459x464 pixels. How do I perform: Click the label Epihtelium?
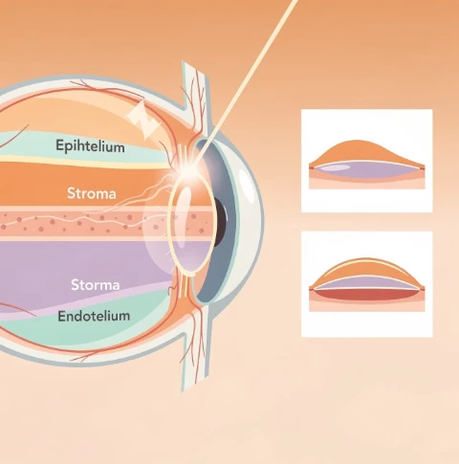(90, 146)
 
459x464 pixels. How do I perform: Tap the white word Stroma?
(92, 193)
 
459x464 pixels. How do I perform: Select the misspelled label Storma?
(96, 285)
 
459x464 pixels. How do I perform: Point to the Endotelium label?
(94, 316)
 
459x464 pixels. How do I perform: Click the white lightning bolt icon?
(142, 121)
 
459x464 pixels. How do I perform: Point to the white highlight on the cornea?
(247, 185)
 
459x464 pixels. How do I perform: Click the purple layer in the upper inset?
(366, 169)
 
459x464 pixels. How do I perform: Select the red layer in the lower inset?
(366, 295)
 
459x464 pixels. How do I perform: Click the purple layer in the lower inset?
(366, 282)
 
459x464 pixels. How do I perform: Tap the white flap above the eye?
(194, 96)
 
